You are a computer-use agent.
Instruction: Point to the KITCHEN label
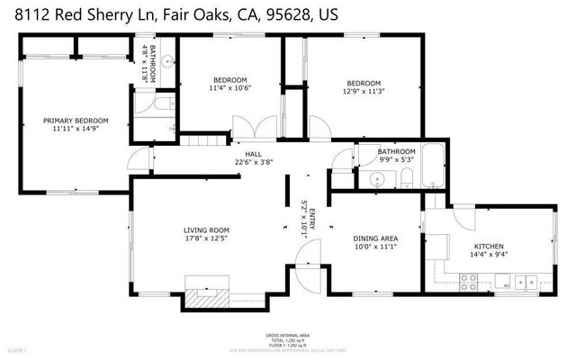489,246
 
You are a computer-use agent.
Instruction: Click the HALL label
241,153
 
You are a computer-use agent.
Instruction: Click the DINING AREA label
375,238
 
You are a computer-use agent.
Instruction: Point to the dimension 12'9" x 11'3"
363,91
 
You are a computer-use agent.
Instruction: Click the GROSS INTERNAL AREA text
287,335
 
